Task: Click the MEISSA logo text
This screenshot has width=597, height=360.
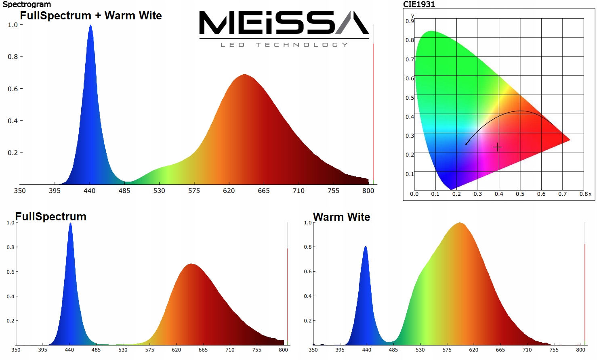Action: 284,23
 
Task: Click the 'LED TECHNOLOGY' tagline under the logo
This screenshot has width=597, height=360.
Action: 284,45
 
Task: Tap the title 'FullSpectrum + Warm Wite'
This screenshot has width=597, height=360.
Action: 91,16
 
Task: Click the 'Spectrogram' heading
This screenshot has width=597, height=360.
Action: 27,4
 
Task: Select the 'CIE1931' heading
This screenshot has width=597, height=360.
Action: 419,4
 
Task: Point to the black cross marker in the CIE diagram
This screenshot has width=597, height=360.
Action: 497,147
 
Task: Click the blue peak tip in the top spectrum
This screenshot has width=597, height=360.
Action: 90,26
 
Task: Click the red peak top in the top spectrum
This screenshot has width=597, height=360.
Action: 244,75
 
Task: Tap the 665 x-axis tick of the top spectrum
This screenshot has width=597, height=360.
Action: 263,190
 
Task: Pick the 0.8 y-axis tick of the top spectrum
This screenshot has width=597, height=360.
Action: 13,57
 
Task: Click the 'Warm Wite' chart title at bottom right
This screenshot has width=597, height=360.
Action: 341,217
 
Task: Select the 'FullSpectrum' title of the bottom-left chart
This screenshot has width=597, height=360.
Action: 51,217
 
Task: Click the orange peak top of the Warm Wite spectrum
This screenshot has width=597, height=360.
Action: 459,223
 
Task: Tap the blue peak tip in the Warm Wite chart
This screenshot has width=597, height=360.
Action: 366,247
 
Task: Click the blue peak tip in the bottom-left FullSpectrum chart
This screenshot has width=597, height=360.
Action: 70,224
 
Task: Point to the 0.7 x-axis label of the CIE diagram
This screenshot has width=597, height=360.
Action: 562,194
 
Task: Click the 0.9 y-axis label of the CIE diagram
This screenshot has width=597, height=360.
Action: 409,21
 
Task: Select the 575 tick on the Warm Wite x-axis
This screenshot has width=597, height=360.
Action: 447,350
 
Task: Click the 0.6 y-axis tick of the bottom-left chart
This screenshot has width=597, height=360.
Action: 11,272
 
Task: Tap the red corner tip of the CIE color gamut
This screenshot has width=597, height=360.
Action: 570,140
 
